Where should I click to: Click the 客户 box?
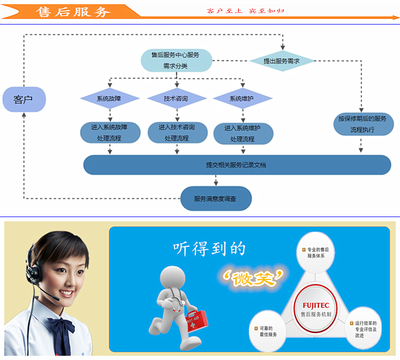(24, 99)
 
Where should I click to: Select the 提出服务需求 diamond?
(282, 61)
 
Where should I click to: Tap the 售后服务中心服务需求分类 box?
(176, 60)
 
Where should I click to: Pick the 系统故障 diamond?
(110, 99)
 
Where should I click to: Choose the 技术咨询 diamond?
(177, 99)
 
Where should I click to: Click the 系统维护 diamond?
(242, 99)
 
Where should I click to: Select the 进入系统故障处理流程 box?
(110, 133)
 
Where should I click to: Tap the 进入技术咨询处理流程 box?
(177, 133)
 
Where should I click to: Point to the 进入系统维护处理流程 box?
(243, 133)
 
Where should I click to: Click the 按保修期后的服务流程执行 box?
(362, 124)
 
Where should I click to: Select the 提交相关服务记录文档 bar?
(237, 165)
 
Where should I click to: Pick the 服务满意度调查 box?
(215, 198)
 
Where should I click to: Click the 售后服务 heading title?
(74, 12)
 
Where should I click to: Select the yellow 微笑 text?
(253, 276)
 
